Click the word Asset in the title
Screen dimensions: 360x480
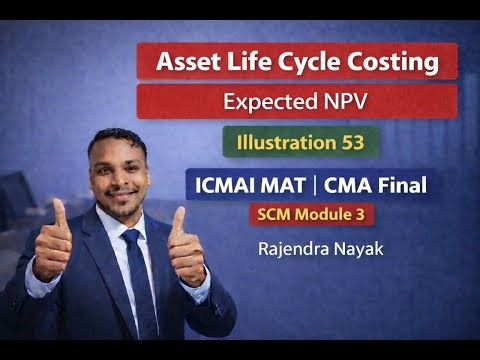tap(185, 62)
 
